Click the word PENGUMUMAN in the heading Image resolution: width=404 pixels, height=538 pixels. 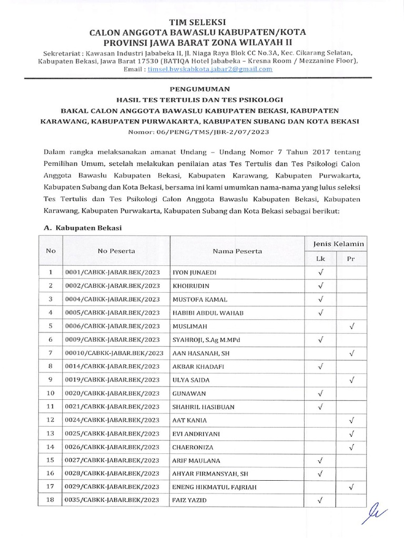tap(201, 89)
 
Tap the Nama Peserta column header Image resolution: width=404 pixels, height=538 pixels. tap(237, 251)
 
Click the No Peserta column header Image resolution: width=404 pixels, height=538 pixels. tap(116, 251)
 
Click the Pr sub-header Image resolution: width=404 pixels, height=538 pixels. tap(351, 258)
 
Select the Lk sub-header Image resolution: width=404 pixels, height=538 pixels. tap(320, 258)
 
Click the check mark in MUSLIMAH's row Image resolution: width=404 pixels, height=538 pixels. tap(351, 326)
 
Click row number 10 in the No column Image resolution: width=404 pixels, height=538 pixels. tap(50, 393)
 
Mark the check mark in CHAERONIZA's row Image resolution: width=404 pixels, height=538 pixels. tap(351, 447)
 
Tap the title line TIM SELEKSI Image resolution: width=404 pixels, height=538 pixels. tap(201, 22)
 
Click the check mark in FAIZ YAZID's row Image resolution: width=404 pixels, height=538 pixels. tap(320, 500)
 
